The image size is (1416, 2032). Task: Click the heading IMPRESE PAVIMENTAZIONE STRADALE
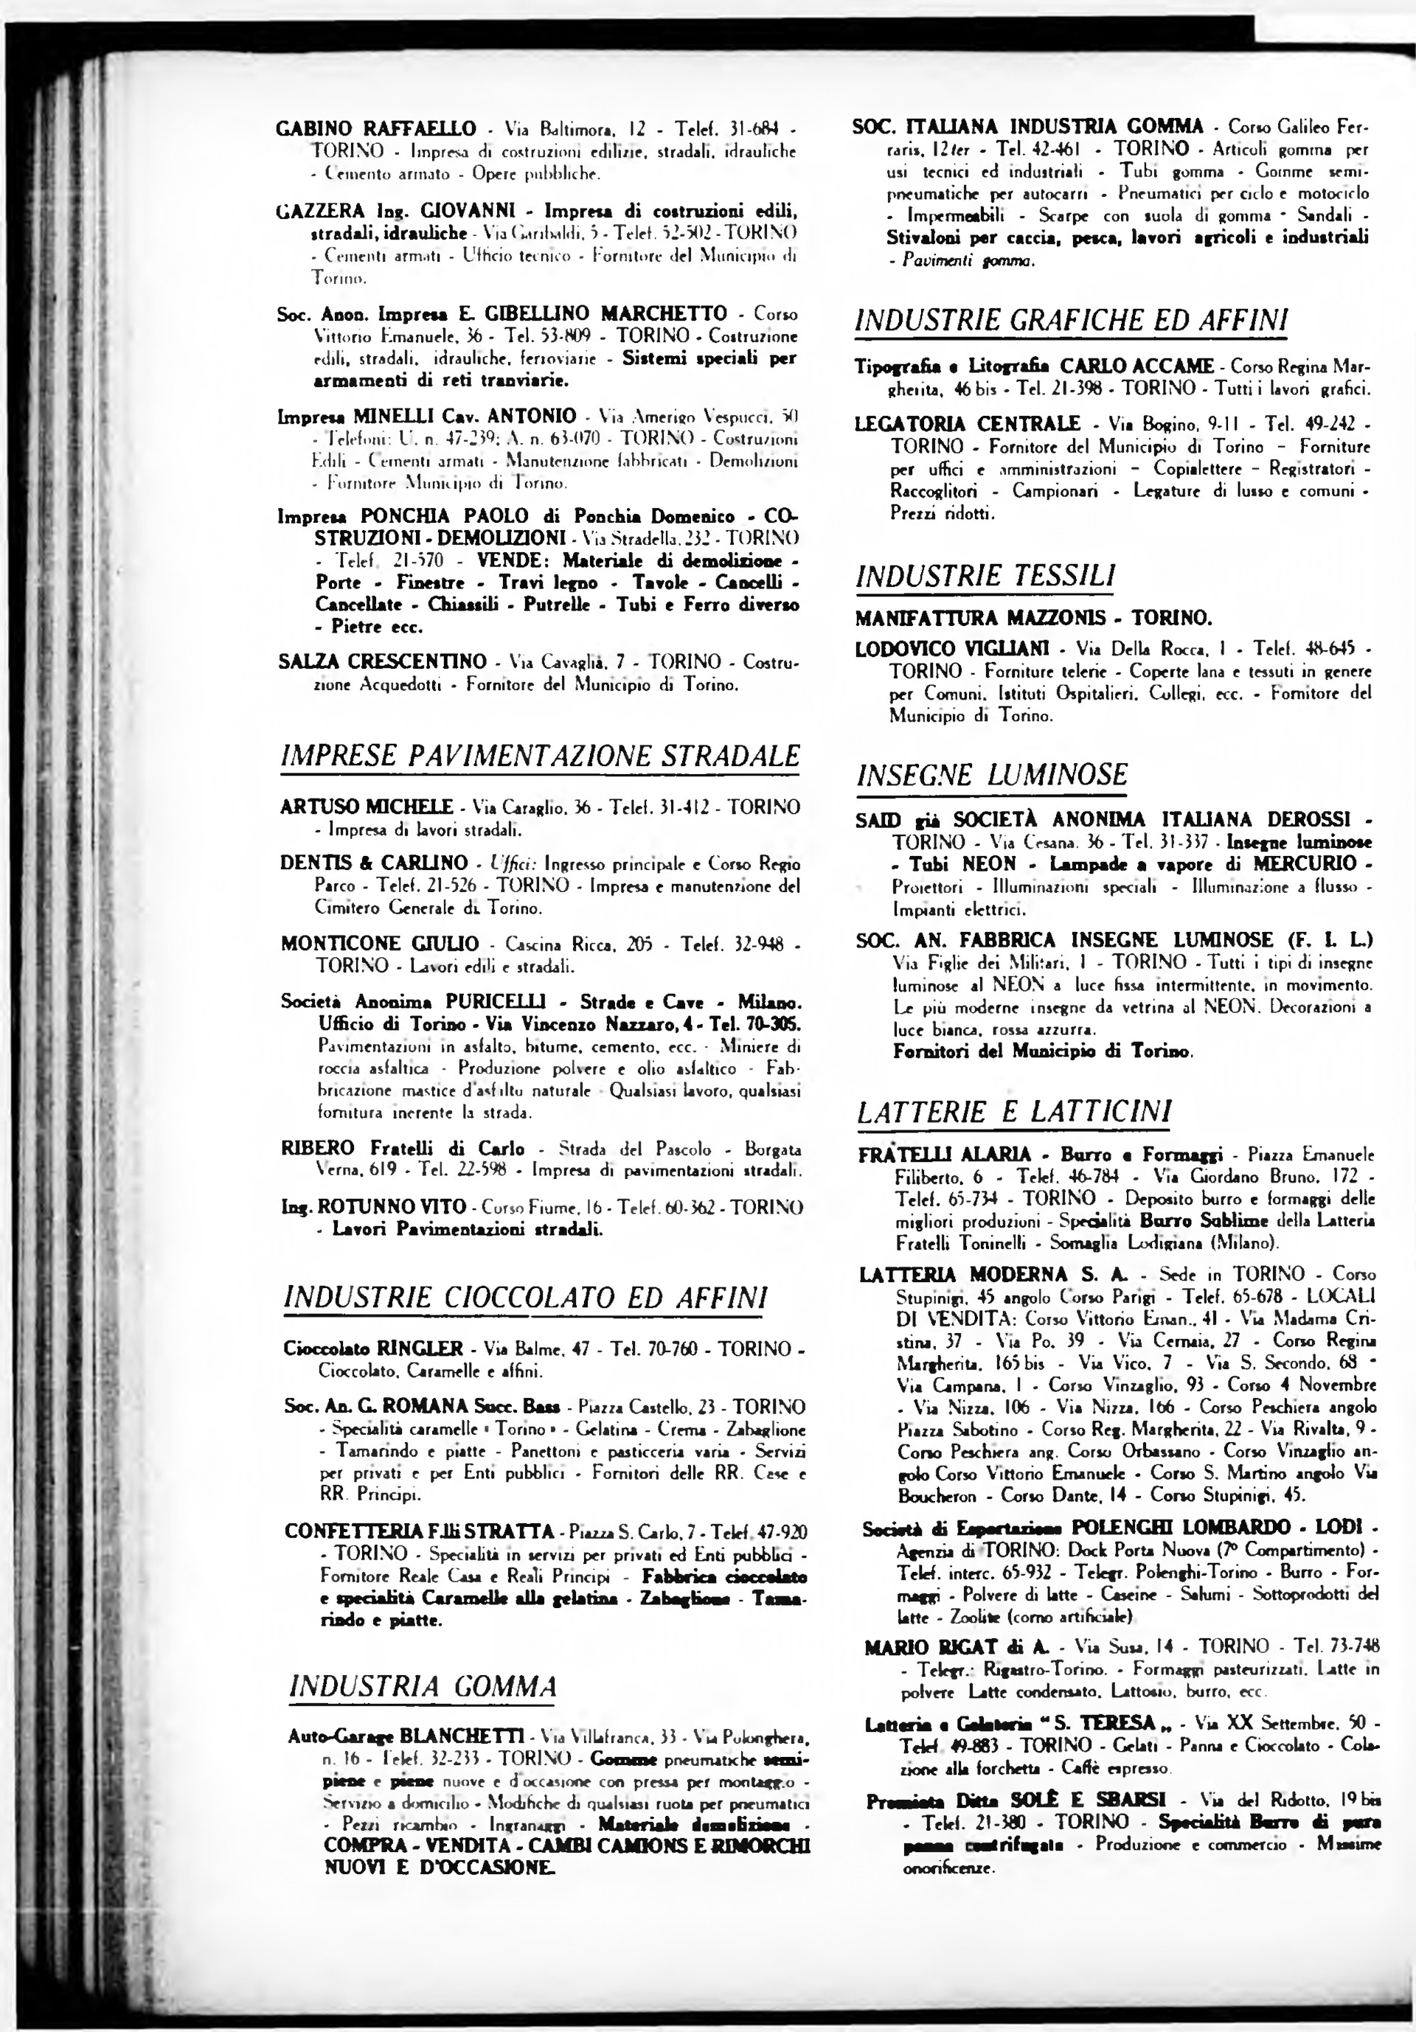[539, 756]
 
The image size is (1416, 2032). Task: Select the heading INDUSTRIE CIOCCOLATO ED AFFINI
[525, 1298]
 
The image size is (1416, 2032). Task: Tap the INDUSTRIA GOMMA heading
[423, 1686]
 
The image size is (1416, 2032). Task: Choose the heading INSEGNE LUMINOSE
[992, 776]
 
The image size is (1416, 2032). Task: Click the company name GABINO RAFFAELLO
[377, 128]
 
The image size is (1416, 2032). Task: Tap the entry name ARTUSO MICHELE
[367, 807]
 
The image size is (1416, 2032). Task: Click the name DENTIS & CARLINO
[373, 863]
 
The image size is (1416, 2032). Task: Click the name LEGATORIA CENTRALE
[968, 424]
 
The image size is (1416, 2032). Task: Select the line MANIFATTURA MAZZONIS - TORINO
[1032, 618]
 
